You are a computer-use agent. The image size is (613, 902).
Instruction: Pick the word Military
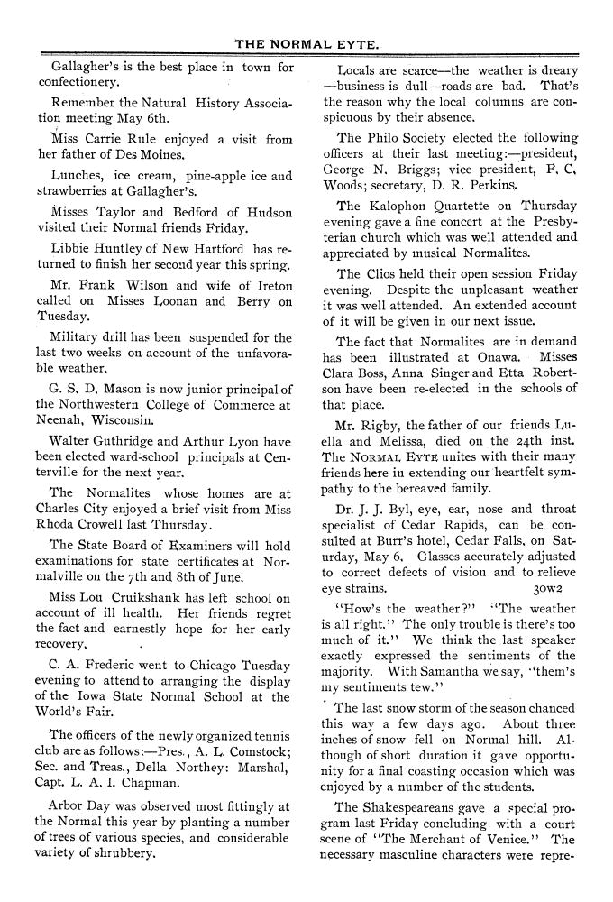78,337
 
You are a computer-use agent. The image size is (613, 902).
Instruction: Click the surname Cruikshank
133,599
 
